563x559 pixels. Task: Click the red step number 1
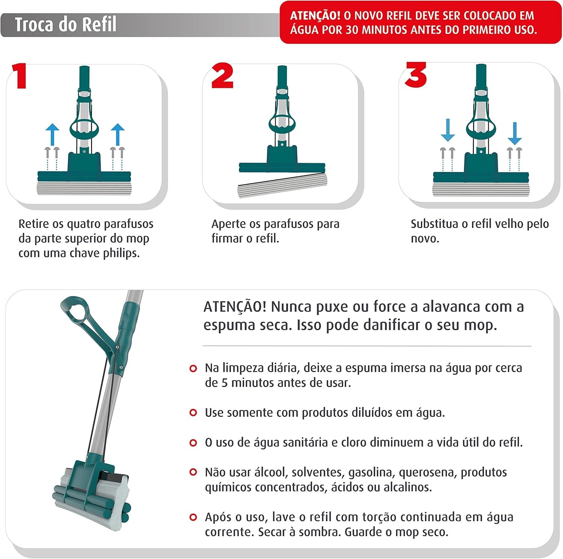coord(20,76)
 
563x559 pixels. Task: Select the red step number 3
coord(415,75)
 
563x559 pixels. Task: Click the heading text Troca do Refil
coord(66,24)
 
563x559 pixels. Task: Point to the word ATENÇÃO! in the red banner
coord(315,15)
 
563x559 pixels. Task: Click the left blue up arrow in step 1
coord(53,134)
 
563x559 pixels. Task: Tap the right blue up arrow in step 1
coord(117,134)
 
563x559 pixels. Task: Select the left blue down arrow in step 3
coord(448,130)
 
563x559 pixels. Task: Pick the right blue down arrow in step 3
coord(515,133)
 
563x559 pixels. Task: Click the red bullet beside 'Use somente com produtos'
coord(193,413)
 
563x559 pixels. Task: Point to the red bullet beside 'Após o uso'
coord(193,518)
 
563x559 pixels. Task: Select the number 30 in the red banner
coord(352,30)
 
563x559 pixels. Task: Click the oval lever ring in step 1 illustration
coord(85,128)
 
